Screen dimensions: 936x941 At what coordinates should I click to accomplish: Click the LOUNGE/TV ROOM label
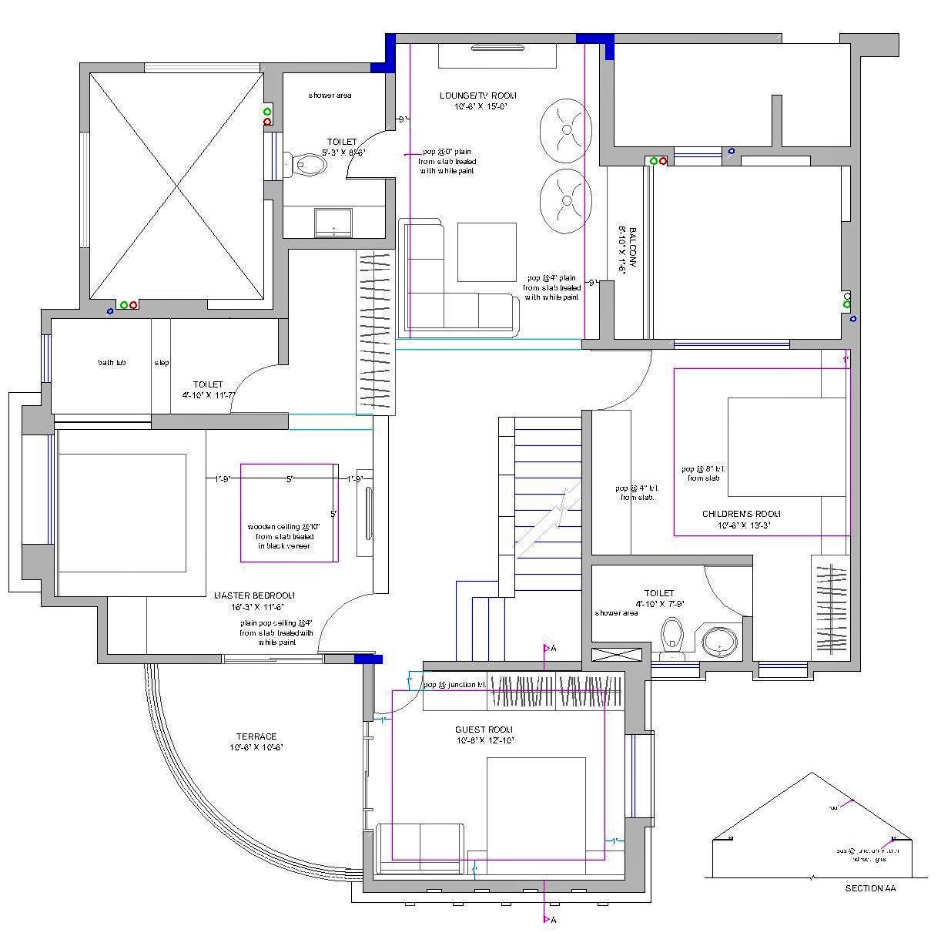coord(473,96)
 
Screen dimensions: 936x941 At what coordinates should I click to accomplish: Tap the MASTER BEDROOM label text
coord(255,595)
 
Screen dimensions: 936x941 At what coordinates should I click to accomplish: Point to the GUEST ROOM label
coord(484,730)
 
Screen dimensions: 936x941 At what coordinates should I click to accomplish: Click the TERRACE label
coord(256,736)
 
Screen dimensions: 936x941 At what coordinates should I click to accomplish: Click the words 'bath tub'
coord(112,362)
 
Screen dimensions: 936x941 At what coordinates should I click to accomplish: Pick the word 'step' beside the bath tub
coord(162,362)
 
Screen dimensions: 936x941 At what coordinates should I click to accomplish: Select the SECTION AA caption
coord(870,888)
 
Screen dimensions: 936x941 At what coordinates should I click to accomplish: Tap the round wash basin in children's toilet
coord(721,640)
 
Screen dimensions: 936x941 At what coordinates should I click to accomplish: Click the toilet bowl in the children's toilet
coord(673,636)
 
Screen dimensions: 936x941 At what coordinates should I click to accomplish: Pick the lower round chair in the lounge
coord(565,197)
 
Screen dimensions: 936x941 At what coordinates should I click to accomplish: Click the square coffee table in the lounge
coord(487,252)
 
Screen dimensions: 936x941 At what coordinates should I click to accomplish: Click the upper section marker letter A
coord(553,649)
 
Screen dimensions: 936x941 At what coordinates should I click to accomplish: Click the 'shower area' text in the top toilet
coord(330,95)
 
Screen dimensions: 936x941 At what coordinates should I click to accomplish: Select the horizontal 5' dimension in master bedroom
coord(290,479)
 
